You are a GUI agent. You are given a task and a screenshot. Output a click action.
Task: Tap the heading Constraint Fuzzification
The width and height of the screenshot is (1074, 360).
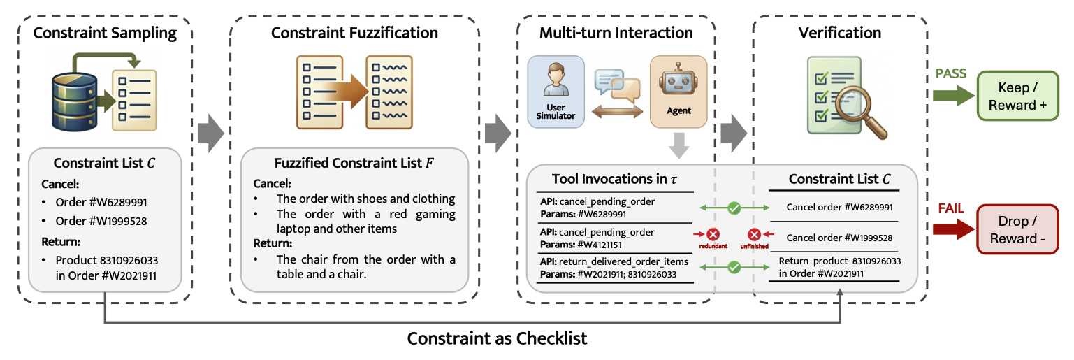[x=354, y=33]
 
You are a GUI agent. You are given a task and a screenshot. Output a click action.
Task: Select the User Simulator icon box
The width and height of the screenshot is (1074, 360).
[x=556, y=92]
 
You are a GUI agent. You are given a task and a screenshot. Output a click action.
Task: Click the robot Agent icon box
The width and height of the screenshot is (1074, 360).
[x=678, y=92]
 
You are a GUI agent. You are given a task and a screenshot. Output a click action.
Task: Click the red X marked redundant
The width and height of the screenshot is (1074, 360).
[x=713, y=235]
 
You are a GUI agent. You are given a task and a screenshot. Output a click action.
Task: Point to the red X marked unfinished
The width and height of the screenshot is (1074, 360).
[x=755, y=235]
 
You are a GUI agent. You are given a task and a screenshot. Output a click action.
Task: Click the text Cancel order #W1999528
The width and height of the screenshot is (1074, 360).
[x=839, y=238]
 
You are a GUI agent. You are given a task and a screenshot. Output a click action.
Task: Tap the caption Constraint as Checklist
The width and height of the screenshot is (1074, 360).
[x=497, y=339]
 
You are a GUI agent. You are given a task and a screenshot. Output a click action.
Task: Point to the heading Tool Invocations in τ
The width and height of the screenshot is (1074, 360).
[x=614, y=180]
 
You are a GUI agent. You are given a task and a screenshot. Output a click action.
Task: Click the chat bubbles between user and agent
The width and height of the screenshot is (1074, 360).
[x=616, y=85]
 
